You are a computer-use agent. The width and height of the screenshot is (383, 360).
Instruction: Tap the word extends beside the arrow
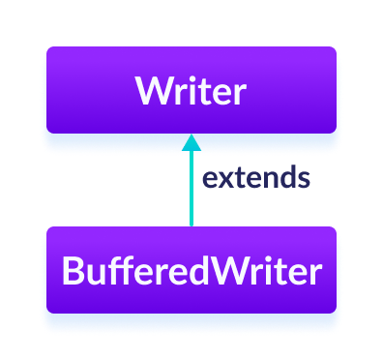point(255,178)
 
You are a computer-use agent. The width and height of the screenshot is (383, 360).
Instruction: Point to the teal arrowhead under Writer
point(191,142)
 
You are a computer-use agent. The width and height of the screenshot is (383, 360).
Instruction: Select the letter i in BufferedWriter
point(268,271)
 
